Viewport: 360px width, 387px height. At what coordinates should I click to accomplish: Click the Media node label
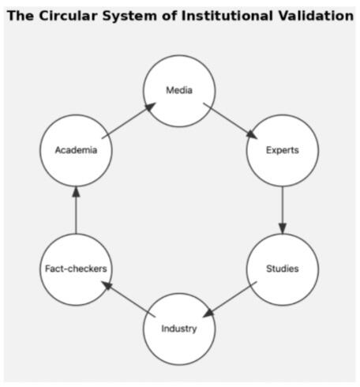coord(179,90)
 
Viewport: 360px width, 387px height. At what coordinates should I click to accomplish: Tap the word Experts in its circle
coord(283,150)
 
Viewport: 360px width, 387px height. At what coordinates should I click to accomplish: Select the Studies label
coord(283,269)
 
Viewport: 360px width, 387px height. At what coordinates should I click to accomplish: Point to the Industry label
coord(179,329)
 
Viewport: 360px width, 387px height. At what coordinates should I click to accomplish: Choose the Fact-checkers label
coord(76,269)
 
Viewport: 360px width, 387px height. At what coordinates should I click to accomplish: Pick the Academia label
coord(76,150)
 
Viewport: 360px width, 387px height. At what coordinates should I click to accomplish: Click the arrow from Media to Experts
coord(231,121)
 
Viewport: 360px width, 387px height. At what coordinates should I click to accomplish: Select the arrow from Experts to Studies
coord(283,210)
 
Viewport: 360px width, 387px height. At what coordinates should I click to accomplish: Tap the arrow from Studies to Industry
coord(230,299)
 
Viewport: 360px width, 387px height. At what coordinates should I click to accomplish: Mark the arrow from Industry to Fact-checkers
coord(129,299)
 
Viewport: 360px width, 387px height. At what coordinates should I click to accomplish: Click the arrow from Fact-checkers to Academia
coord(76,210)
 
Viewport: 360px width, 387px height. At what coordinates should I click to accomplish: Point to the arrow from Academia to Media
coord(129,121)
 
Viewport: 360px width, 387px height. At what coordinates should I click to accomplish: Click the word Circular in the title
coord(69,16)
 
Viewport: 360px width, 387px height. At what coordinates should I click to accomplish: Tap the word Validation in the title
coord(316,16)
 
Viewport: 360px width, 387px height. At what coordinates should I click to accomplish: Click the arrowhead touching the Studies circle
coord(283,228)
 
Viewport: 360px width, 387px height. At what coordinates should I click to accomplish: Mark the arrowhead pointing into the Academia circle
coord(76,192)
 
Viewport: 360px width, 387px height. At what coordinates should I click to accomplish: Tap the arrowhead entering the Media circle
coord(151,107)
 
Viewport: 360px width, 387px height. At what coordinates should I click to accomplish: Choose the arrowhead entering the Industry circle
coord(208,314)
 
